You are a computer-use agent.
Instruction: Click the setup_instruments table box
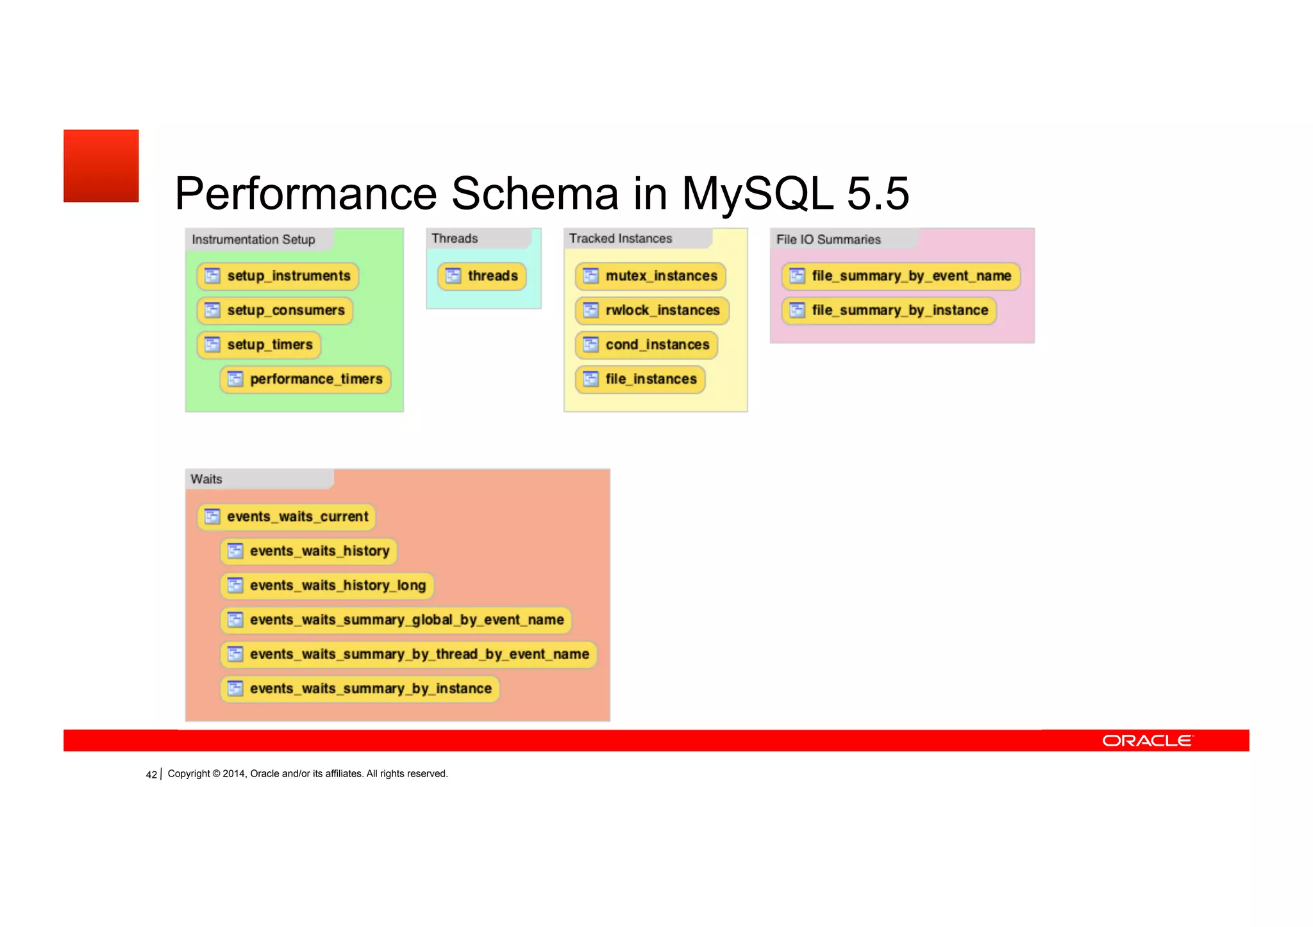[278, 276]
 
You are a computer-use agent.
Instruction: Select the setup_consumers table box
[275, 311]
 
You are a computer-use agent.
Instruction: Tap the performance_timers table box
[305, 379]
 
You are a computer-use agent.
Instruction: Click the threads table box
[482, 276]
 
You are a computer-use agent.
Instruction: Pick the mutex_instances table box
[651, 276]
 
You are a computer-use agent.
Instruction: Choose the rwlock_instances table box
[652, 311]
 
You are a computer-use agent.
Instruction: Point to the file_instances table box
[640, 379]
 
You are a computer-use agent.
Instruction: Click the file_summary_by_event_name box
[901, 276]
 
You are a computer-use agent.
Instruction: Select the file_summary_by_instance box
[889, 311]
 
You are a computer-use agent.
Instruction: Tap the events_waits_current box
[287, 517]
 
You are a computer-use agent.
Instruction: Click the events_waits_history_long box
[327, 586]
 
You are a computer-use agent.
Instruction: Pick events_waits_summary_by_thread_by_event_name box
[408, 654]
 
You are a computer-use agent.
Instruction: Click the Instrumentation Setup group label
[253, 240]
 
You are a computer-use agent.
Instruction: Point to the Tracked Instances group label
[620, 238]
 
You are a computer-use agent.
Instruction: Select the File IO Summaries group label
[828, 240]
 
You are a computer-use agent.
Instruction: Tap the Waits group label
[206, 479]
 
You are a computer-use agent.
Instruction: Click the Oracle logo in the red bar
[1147, 741]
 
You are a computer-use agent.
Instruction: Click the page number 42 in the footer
[151, 775]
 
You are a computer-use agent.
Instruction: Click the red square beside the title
[101, 166]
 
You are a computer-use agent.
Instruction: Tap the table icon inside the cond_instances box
[590, 345]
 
